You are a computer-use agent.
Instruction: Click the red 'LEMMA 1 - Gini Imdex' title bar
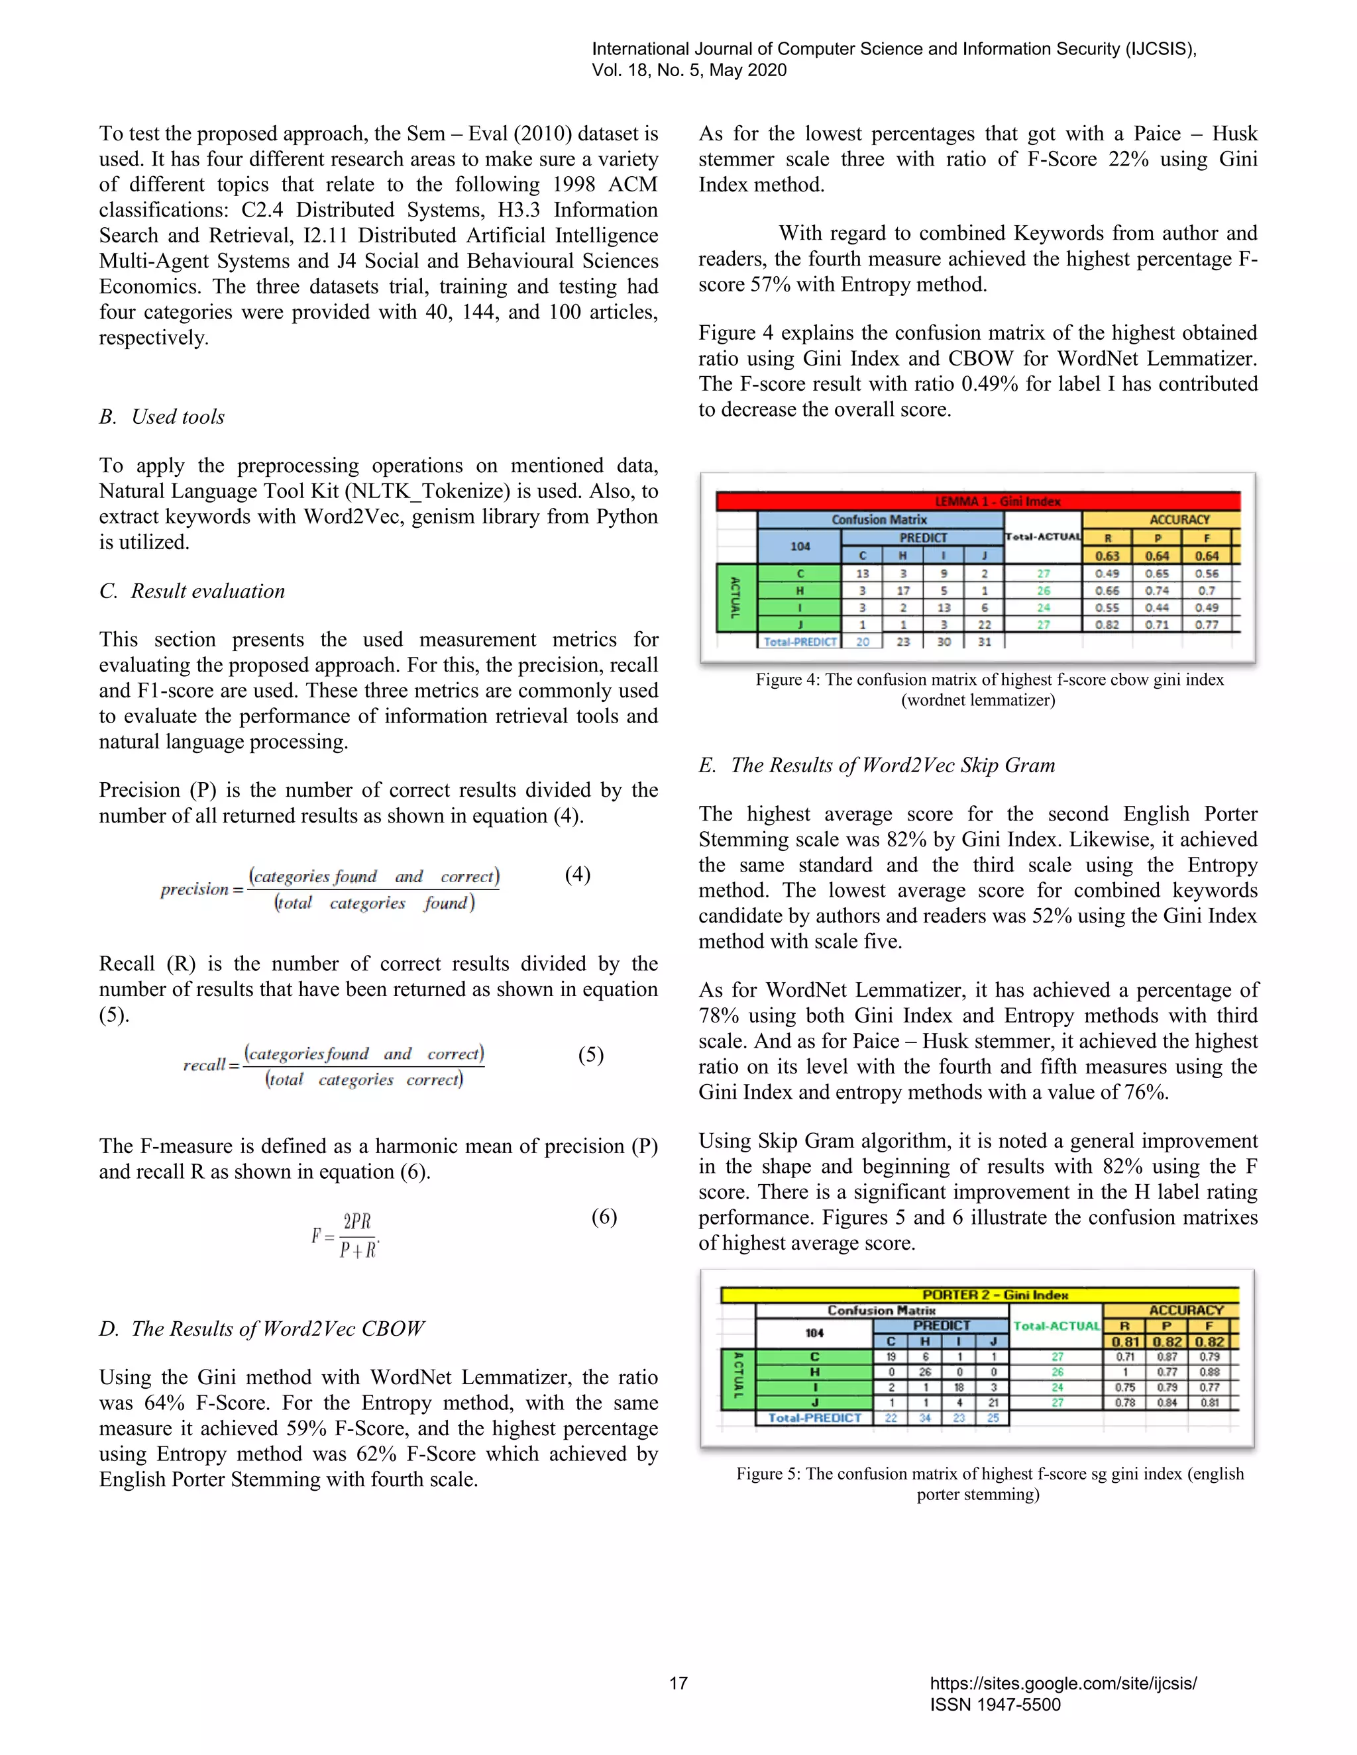[977, 501]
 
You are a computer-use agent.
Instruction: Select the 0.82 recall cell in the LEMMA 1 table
[1106, 625]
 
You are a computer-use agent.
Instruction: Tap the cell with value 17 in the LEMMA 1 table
[903, 591]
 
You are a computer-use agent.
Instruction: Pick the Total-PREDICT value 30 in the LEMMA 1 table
[944, 641]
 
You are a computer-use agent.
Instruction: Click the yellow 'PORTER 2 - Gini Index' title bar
[979, 1295]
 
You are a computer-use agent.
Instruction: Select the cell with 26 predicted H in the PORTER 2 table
[924, 1372]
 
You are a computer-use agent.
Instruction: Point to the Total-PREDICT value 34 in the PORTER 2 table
[924, 1417]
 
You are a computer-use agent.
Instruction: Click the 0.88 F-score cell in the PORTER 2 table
[1209, 1372]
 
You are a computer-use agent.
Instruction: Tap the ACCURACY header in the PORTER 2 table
[1185, 1310]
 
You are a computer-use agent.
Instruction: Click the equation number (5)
[591, 1054]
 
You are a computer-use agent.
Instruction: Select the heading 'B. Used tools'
[162, 417]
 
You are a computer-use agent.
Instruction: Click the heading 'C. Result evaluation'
[192, 591]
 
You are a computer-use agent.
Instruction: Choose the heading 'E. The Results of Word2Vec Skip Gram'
[876, 765]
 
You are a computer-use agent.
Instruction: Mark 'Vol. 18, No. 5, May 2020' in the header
[689, 70]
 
